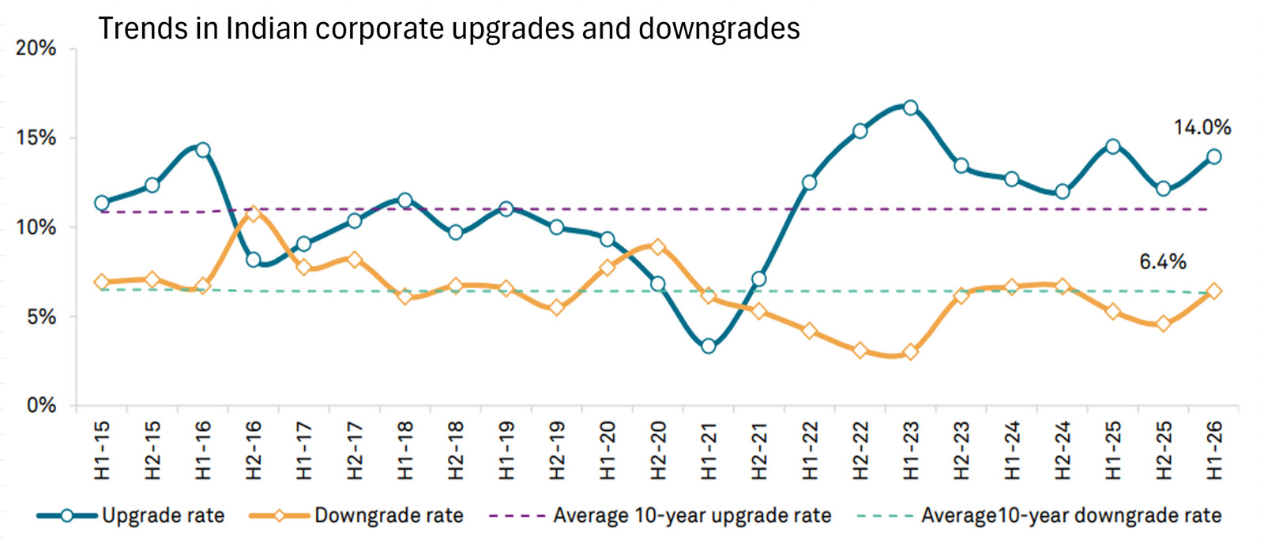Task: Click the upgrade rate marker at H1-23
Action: (910, 107)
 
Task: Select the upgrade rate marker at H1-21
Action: (708, 346)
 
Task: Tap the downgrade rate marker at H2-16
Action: (254, 214)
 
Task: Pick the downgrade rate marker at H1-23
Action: (910, 352)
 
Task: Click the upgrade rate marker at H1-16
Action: (203, 150)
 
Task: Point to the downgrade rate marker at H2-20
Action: (657, 247)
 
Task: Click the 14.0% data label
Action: (1202, 127)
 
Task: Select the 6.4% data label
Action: (1162, 261)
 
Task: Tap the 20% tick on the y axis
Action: (36, 48)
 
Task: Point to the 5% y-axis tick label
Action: (41, 317)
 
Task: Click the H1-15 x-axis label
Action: (102, 451)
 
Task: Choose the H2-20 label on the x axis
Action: (658, 451)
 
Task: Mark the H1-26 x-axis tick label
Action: (1214, 451)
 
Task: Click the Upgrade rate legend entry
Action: (163, 516)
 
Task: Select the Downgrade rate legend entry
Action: (389, 516)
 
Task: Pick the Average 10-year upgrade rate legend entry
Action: (692, 516)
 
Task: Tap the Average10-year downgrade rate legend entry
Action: (1071, 516)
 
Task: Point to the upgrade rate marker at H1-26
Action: (1214, 156)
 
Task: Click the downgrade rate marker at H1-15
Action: (101, 282)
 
